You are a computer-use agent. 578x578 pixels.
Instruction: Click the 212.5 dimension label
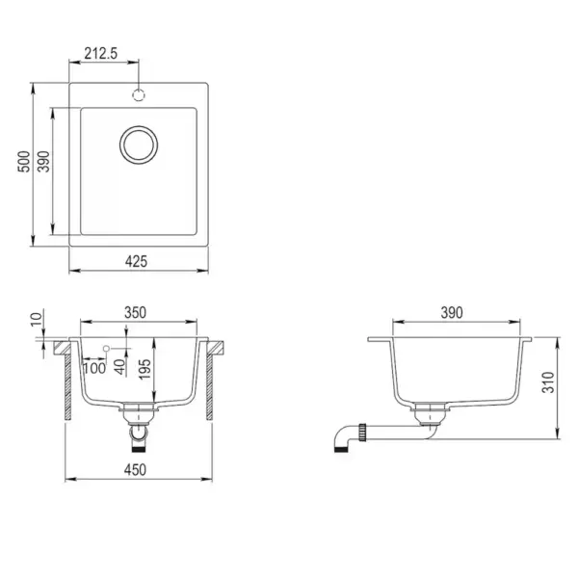(x=100, y=53)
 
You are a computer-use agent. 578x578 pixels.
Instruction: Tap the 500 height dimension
(x=24, y=162)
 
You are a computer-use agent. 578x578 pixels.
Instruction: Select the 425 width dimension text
(x=136, y=261)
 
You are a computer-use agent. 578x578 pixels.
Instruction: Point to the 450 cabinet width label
(x=135, y=470)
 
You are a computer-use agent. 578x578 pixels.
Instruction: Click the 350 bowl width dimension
(x=135, y=312)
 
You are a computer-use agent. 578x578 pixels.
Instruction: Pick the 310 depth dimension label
(x=548, y=382)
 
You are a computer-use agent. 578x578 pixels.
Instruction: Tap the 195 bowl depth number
(x=144, y=369)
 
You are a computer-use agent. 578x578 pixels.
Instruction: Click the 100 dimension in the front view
(x=94, y=368)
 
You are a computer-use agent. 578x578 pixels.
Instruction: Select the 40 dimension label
(x=119, y=367)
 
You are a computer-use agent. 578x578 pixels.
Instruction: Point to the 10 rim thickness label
(x=37, y=318)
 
